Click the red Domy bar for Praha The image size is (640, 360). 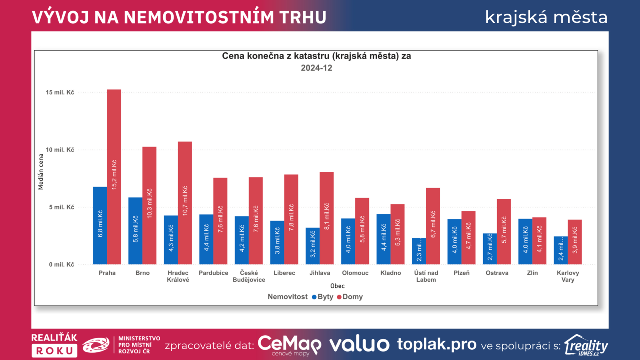coord(114,177)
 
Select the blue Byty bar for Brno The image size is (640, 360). coord(135,231)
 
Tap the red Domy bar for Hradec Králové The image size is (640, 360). coord(185,203)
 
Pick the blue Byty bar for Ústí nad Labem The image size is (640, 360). coord(419,251)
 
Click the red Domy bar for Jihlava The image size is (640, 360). coord(326,218)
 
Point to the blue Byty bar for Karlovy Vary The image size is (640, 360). coord(560,250)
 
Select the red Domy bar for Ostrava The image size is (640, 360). coord(504,232)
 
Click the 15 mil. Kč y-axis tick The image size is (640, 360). coord(60,92)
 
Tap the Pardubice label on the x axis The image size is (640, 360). coord(213,273)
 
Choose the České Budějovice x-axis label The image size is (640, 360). coord(249,276)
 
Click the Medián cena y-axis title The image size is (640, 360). coord(41,172)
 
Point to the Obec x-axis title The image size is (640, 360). coord(337,286)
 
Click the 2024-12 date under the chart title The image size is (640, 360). coord(316,68)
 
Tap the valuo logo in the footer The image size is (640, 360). coord(359,344)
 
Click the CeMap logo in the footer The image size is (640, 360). coord(289,344)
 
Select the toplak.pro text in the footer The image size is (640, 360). coord(436,344)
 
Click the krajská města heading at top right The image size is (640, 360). coord(546,17)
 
